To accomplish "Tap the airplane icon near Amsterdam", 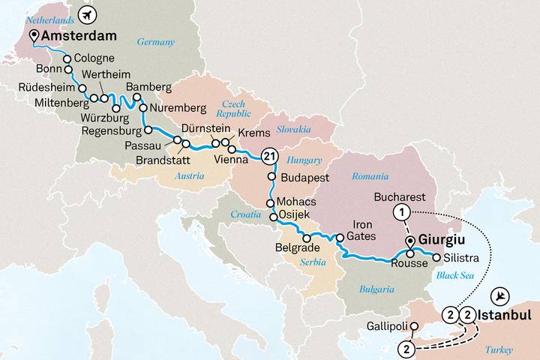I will (89, 13).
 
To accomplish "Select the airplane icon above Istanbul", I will (502, 295).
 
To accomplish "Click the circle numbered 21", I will (269, 156).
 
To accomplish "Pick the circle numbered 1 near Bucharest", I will (403, 212).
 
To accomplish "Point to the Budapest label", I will (304, 177).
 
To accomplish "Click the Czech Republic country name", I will (233, 109).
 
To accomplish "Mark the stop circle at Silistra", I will (436, 258).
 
